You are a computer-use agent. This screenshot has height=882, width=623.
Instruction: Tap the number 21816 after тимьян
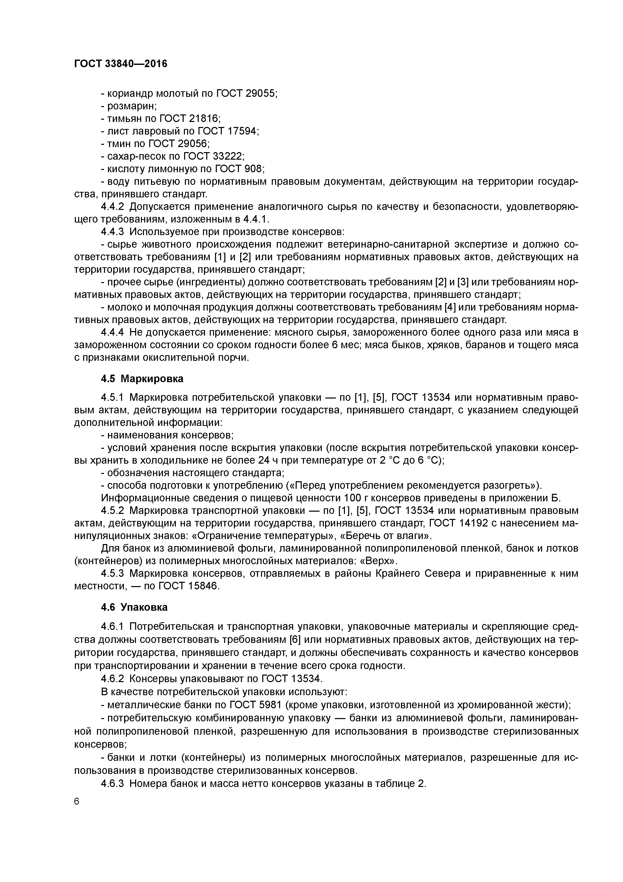(203, 119)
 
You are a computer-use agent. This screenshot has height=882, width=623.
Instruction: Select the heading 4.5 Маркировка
(142, 379)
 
